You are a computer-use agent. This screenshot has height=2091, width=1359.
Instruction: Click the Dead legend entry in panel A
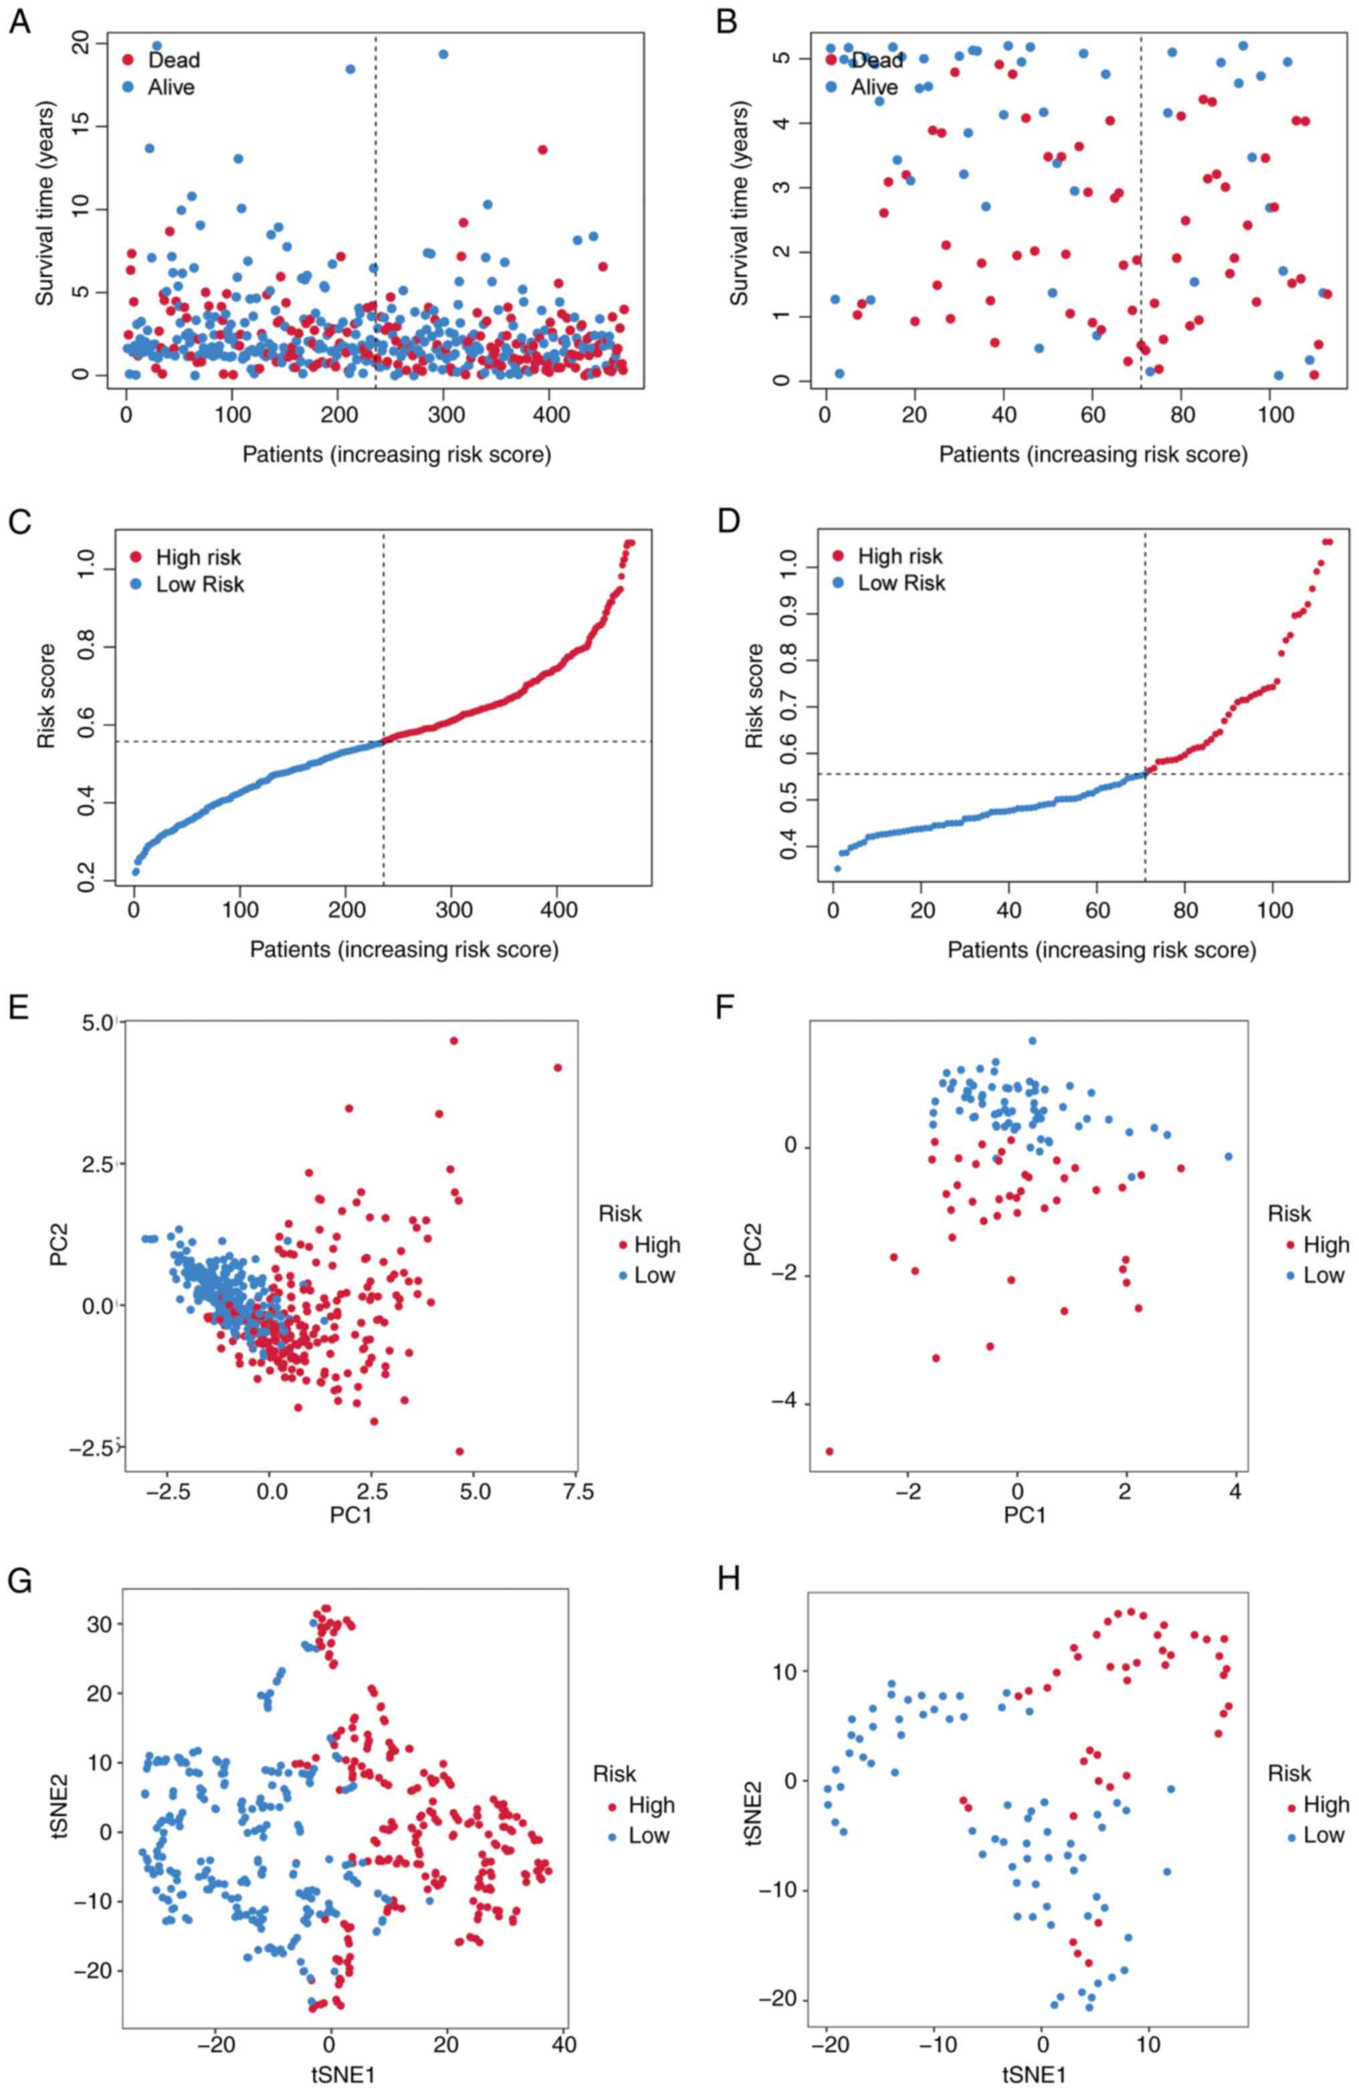173,60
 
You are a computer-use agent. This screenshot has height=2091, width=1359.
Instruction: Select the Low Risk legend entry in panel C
199,584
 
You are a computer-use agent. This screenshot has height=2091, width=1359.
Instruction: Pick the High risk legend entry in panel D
899,556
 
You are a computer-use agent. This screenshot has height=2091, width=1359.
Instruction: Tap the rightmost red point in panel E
557,1068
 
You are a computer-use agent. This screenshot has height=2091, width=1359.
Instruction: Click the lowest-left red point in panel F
829,1452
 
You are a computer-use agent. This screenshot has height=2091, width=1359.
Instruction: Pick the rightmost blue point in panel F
1228,1156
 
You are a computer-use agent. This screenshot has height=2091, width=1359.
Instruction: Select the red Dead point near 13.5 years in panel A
542,149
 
